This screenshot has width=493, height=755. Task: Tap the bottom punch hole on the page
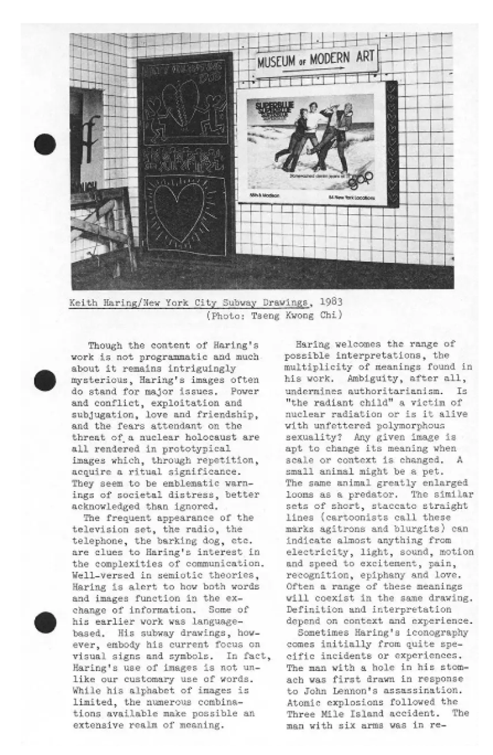46,622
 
